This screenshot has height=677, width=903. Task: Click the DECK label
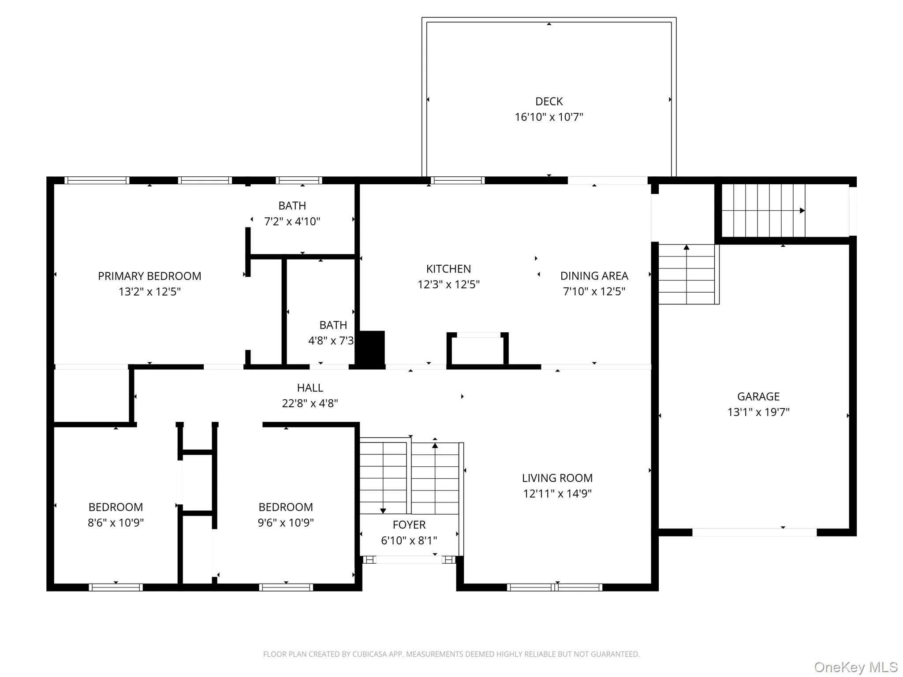pos(549,101)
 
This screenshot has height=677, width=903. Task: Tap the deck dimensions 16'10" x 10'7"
pos(549,117)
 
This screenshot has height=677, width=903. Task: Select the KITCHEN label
pos(448,269)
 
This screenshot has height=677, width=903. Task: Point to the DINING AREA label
pos(594,276)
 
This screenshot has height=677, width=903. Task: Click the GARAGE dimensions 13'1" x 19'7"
pos(758,412)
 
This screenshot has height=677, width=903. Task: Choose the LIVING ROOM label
pos(557,478)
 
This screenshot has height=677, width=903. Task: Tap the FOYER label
pos(409,525)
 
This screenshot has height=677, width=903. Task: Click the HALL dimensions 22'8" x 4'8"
pos(310,403)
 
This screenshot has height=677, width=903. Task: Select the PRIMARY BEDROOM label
pos(149,276)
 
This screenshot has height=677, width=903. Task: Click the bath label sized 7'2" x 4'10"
pos(292,206)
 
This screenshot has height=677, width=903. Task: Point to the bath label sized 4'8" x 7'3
pos(333,325)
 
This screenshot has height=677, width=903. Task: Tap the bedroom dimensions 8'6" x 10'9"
pos(116,523)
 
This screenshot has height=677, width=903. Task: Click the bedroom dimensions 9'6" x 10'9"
pos(286,523)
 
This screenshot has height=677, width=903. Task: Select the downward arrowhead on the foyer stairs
pos(383,511)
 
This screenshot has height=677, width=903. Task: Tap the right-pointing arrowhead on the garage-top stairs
pos(802,211)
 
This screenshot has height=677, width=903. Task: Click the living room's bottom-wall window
pos(555,587)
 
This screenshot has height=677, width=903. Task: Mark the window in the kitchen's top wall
pos(457,180)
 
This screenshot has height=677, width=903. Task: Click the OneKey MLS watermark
pos(855,667)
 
